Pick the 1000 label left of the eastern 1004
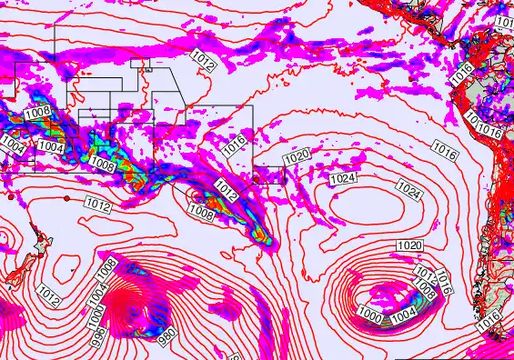coord(369,314)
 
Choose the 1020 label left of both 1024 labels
coord(297,157)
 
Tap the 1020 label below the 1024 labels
coord(410,246)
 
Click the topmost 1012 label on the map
coord(204,61)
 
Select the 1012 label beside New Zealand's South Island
coord(50,295)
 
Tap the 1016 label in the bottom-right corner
coord(489,319)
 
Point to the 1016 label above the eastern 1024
coord(444,147)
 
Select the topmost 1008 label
coord(37,113)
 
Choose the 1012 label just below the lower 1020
coord(423,273)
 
